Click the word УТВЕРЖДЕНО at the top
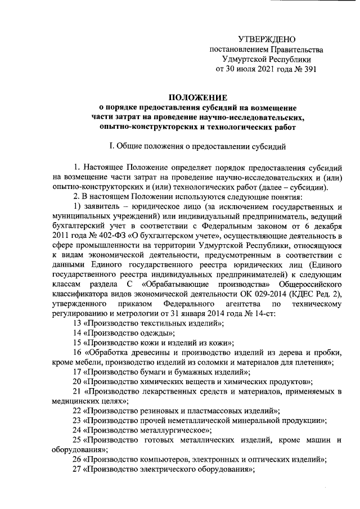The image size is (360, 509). point(266,39)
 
